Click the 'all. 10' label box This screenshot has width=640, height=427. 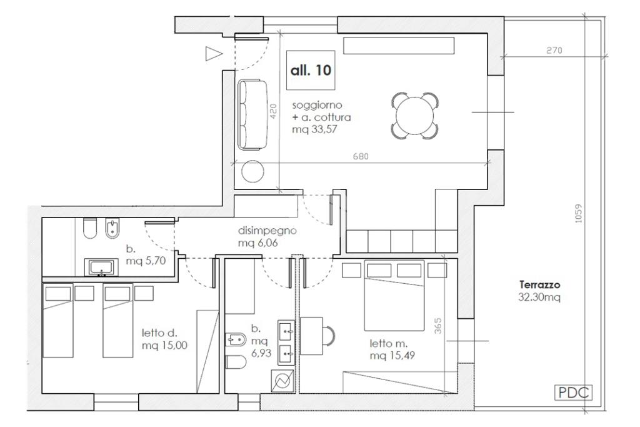click(x=311, y=70)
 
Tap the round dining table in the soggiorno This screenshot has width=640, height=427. click(x=415, y=116)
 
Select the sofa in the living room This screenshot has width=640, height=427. click(x=252, y=114)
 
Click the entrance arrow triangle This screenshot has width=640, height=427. click(x=214, y=54)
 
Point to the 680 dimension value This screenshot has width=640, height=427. click(x=361, y=156)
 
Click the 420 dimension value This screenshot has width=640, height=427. click(x=273, y=111)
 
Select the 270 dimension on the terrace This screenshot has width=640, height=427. click(x=554, y=50)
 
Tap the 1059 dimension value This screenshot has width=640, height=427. click(x=578, y=213)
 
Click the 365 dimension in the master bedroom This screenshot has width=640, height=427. click(x=437, y=326)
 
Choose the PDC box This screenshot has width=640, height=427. click(x=573, y=393)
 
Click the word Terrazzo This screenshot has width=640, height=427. click(x=539, y=284)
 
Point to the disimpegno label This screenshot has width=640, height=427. click(x=267, y=231)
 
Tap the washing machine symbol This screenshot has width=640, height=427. click(x=283, y=381)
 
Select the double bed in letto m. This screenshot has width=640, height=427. click(x=394, y=295)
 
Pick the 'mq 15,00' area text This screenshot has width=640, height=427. click(x=165, y=345)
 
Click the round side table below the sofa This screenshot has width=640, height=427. click(x=252, y=171)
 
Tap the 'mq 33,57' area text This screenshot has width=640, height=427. click(x=314, y=130)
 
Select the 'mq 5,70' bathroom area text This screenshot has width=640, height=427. click(x=146, y=261)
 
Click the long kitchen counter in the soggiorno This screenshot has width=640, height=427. click(x=399, y=46)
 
